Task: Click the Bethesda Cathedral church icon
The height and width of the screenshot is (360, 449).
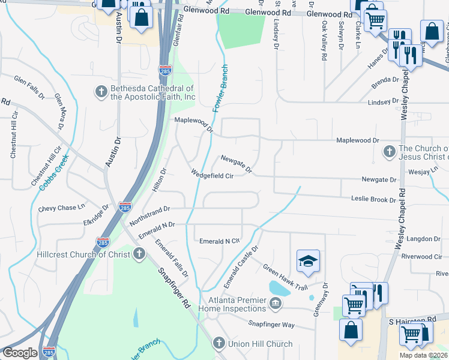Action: point(101,91)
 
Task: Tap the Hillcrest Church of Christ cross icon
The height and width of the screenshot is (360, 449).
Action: point(139,254)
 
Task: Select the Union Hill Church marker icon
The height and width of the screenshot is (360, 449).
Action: point(220,344)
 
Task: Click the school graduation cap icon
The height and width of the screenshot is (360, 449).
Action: point(307,261)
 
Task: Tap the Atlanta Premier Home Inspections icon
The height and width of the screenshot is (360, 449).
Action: point(276,304)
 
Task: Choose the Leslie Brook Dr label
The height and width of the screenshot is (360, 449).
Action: point(373,200)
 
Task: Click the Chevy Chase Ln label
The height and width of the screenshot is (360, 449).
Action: point(58,208)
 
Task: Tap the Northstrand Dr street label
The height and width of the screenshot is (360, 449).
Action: point(146,212)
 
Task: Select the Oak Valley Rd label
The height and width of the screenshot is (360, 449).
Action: point(324,41)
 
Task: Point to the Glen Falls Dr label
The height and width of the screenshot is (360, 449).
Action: point(29,87)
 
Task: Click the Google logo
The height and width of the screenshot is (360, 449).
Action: point(20,353)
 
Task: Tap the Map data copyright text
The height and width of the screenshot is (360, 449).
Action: point(423,355)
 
